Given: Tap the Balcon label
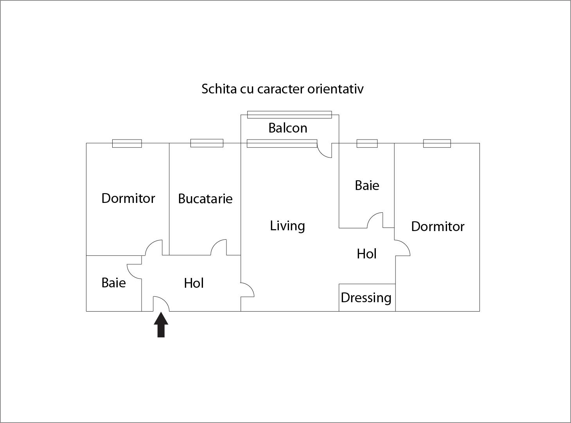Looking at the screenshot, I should click(288, 128).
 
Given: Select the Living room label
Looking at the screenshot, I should click(287, 226).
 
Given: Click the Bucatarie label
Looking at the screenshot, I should click(205, 199).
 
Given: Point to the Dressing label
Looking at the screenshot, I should click(366, 298).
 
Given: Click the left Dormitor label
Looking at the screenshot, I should click(128, 198).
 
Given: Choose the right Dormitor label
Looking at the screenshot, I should click(438, 226).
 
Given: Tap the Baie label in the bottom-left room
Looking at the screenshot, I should click(113, 283).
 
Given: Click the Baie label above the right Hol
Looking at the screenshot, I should click(367, 185).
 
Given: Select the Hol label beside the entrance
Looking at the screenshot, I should click(194, 283).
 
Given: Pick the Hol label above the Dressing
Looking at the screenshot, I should click(366, 254).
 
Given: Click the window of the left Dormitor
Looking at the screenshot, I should click(127, 143).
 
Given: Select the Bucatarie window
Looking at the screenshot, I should click(207, 143).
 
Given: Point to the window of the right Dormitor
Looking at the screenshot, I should click(437, 143).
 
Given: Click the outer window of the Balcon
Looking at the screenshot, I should click(289, 115).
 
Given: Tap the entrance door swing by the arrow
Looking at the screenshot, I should click(161, 304).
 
